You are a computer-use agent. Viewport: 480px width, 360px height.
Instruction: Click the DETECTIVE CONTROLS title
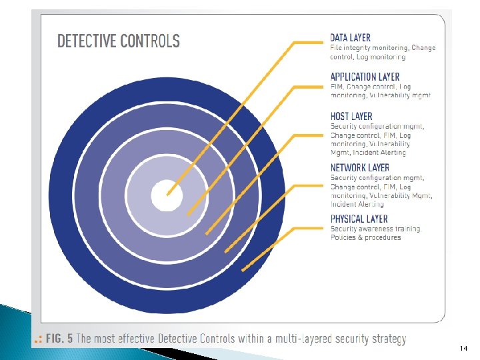[118, 41]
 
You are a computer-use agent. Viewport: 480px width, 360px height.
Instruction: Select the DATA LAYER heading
[351, 38]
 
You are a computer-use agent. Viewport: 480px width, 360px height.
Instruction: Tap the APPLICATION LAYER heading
[364, 77]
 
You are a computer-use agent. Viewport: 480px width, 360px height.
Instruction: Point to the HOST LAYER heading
[351, 116]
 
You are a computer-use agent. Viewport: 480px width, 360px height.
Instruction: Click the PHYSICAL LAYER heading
[359, 219]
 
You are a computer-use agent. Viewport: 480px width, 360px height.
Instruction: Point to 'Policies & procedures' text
[366, 238]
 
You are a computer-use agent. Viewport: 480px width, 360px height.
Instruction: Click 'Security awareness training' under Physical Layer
[375, 229]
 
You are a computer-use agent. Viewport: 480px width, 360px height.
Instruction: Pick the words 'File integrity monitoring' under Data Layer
[369, 48]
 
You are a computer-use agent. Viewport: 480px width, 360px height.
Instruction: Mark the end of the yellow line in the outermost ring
[242, 270]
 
